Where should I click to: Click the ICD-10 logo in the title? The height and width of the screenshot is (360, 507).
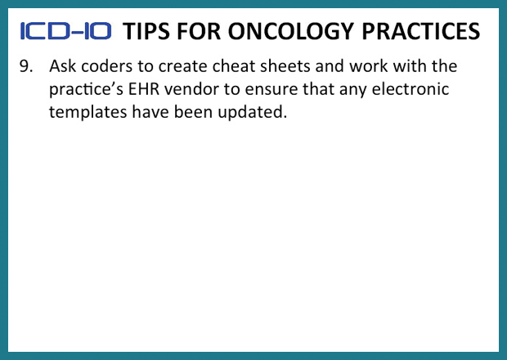point(65,32)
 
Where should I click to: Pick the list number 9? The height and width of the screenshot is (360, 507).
point(26,65)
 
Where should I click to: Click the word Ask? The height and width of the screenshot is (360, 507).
point(63,65)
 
